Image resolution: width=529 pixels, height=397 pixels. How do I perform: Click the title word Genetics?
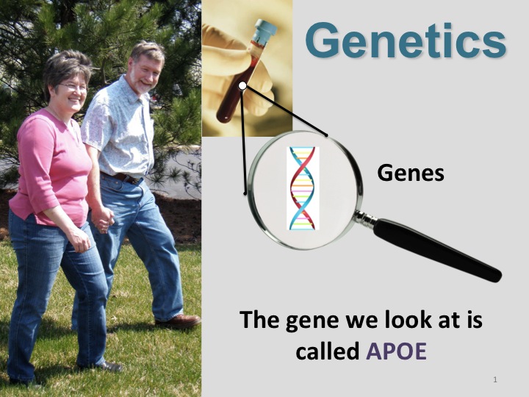[x=406, y=41]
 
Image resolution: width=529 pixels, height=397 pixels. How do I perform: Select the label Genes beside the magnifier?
[x=411, y=173]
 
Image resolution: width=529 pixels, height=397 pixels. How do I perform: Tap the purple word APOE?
[x=397, y=351]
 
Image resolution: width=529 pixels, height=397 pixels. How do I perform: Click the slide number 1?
[x=495, y=379]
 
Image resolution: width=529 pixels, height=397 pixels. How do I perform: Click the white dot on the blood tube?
[x=242, y=86]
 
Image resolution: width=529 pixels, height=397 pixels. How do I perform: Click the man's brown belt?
[x=123, y=178]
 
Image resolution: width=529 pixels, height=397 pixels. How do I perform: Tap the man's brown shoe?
[x=179, y=321]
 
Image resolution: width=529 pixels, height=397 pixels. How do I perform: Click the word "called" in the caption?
[x=327, y=351]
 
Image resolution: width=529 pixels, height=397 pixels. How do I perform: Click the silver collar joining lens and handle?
[x=365, y=218]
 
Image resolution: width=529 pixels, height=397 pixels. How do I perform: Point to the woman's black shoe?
[x=109, y=366]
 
